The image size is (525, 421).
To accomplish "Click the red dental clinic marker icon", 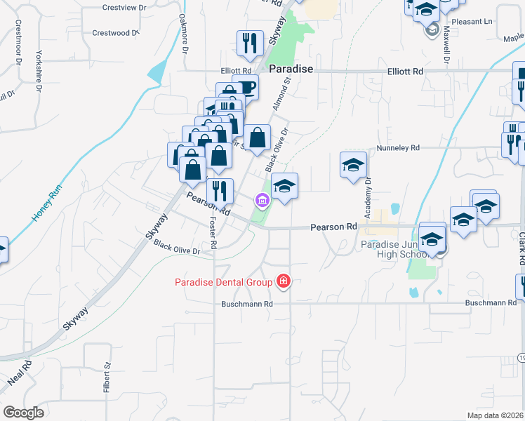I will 284,282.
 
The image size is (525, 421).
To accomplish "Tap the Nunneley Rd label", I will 397,148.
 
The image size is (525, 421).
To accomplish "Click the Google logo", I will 24,413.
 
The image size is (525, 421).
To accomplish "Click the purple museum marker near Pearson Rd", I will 262,201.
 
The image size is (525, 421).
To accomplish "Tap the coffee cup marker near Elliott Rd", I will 246,87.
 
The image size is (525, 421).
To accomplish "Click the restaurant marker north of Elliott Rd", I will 249,44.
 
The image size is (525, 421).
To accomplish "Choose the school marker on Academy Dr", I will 354,165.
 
